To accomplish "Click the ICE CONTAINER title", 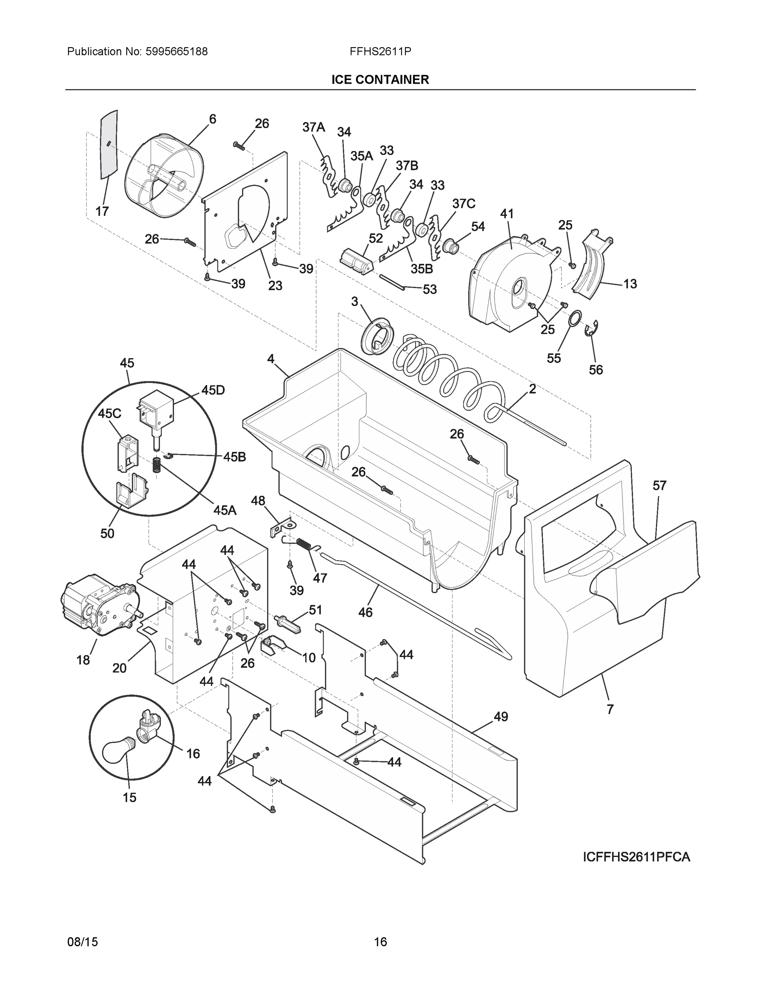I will point(380,80).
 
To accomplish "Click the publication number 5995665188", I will point(176,52).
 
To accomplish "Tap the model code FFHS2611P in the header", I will point(380,52).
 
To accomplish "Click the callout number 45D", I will point(213,390).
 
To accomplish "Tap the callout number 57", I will point(659,486).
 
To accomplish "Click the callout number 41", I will point(507,214).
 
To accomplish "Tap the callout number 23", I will point(275,286).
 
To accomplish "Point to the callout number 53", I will point(430,289).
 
